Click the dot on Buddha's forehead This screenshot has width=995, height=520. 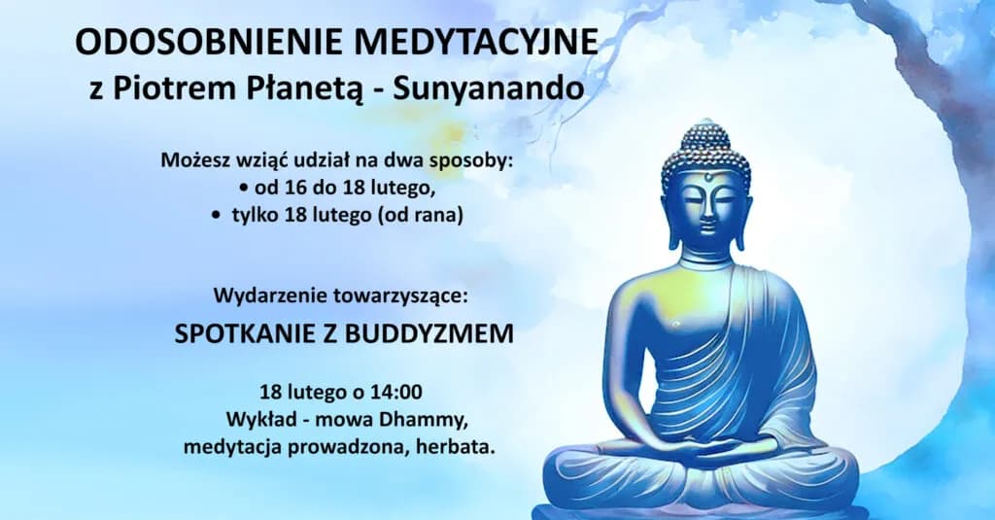(x=708, y=178)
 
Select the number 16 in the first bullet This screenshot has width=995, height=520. (x=289, y=188)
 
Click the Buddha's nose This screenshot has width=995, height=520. (x=708, y=207)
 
